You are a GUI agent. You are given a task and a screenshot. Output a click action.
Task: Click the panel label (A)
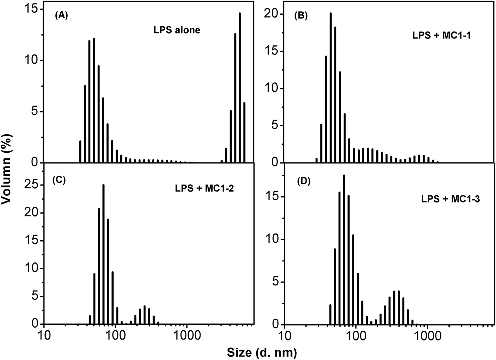tap(61, 16)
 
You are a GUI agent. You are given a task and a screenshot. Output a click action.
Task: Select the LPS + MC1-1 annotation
tap(442, 36)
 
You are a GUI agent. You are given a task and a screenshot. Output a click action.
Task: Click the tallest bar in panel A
tap(240, 88)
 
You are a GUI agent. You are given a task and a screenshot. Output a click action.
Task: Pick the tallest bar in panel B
tap(330, 88)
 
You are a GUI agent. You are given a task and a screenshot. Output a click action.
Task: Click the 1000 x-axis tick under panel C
tap(187, 336)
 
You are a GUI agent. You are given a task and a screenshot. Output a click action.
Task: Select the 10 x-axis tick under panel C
tap(44, 336)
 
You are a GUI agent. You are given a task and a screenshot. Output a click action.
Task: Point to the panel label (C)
tap(59, 180)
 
